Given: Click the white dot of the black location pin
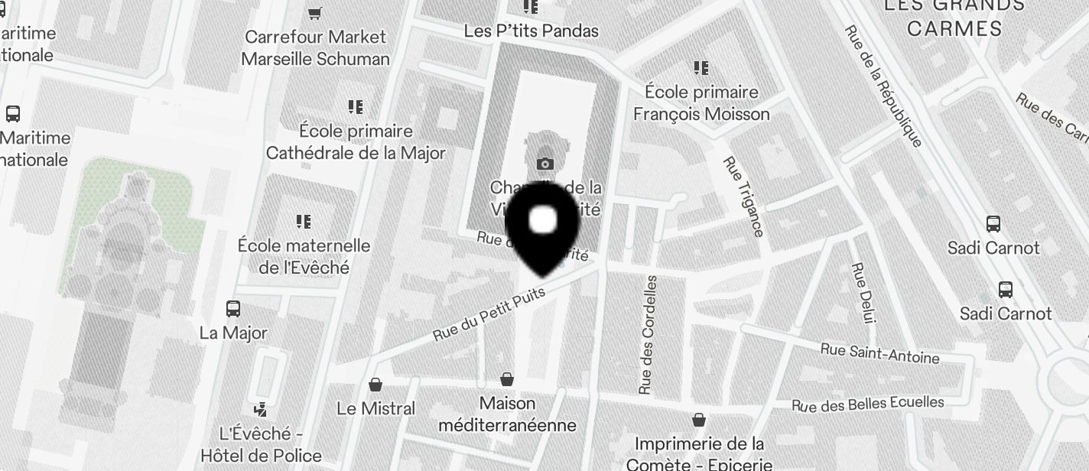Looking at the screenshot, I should pos(543,220).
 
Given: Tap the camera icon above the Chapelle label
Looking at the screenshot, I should pos(544,164).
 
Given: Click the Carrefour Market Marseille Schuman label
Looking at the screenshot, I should pos(315,47).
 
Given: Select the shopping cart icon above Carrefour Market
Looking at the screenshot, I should pos(314,13).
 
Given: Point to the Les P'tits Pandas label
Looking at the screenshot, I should pos(531,31).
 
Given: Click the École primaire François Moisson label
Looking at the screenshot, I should pos(701,102).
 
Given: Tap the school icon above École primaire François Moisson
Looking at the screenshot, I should pos(701,68).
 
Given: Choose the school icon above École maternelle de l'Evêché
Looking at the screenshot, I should pos(304,222).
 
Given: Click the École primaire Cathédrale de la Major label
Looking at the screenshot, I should pos(355,141).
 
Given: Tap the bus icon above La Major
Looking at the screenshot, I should pos(233,309).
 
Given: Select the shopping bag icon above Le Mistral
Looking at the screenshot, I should pos(375,384).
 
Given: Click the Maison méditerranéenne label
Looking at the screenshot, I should pos(507,413).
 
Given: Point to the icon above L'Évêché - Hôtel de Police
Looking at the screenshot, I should pos(261,409).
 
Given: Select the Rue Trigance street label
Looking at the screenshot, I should pos(743,197).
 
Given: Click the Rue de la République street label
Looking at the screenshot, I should pos(883,85).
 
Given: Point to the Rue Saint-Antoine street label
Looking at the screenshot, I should pos(879,353).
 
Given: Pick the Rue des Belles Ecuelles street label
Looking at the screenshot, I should pos(867,404).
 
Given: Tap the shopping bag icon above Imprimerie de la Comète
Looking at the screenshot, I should pos(698,420).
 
